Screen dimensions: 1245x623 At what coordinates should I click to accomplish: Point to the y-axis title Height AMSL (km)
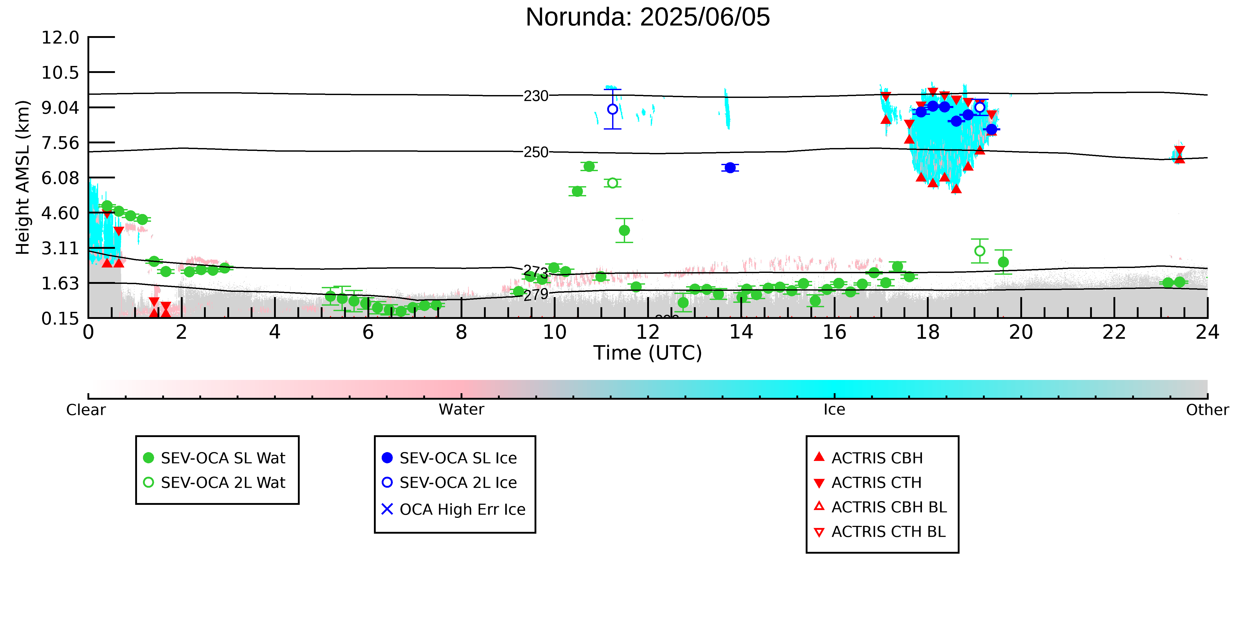tap(23, 178)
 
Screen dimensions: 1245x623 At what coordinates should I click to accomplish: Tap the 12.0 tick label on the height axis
tap(60, 37)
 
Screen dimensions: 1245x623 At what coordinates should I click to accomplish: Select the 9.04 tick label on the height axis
tap(60, 107)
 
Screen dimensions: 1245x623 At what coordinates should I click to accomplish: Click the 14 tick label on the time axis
tap(741, 332)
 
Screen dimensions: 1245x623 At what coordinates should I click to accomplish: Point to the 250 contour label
tap(536, 152)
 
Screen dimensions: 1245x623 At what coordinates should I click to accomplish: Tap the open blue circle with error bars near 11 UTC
tap(612, 109)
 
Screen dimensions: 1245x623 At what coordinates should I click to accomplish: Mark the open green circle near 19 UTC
tap(980, 251)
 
